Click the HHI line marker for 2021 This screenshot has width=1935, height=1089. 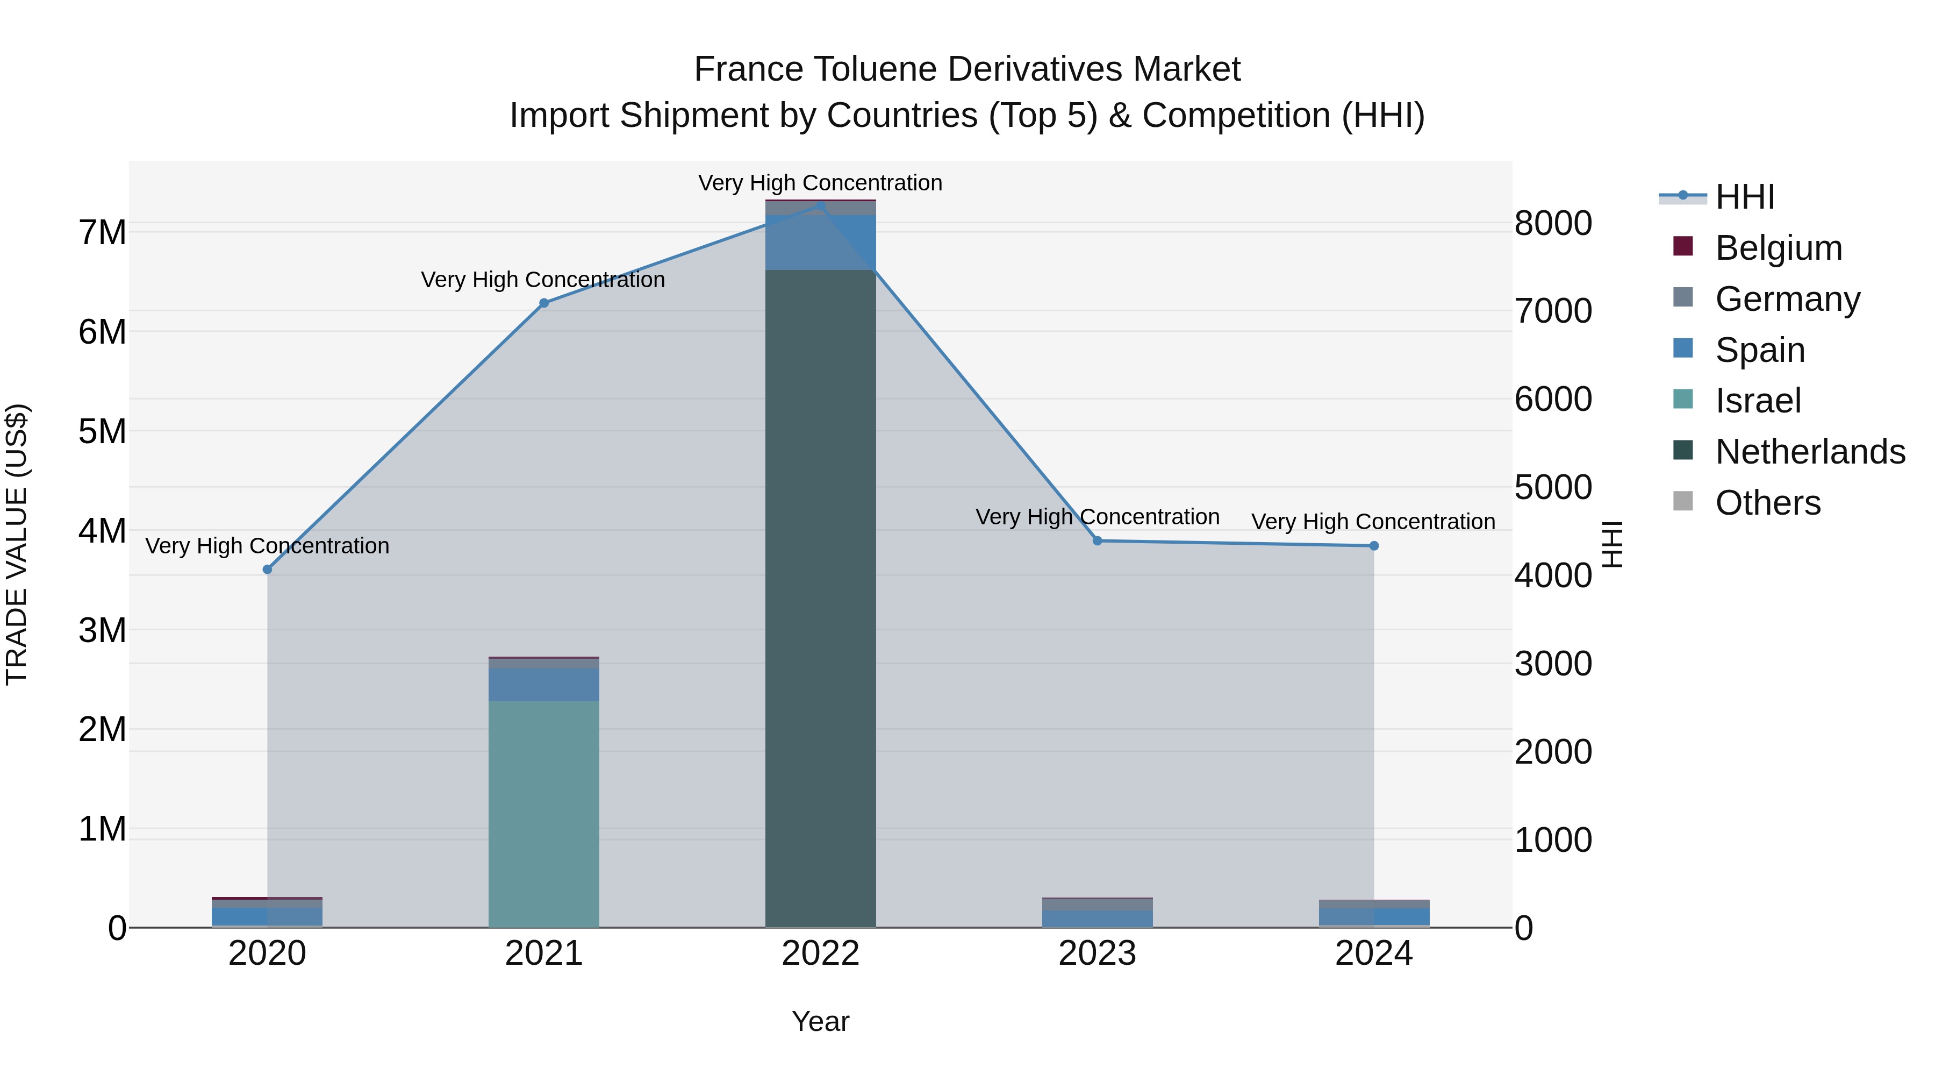tap(544, 303)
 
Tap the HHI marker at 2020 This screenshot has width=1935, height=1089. tap(268, 570)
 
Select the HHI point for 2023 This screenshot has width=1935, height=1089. tap(1098, 540)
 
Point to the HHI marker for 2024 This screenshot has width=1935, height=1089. tap(1374, 546)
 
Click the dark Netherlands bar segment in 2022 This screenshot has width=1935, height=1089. tap(820, 601)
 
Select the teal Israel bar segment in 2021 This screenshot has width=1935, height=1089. tap(544, 812)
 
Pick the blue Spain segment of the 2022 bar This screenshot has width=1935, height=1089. tap(820, 242)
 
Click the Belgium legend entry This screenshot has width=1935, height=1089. tap(1778, 248)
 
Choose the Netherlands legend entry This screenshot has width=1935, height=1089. tap(1810, 452)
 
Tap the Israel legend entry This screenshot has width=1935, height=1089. tap(1758, 401)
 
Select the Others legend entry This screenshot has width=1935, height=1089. tap(1767, 503)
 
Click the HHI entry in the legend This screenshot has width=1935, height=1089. tap(1744, 197)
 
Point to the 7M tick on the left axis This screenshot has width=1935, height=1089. tap(102, 232)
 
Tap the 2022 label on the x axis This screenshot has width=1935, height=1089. tap(820, 953)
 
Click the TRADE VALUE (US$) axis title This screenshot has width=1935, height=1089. tap(17, 544)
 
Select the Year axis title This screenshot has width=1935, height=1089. tap(820, 1021)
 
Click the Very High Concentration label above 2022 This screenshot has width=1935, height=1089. tap(820, 183)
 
